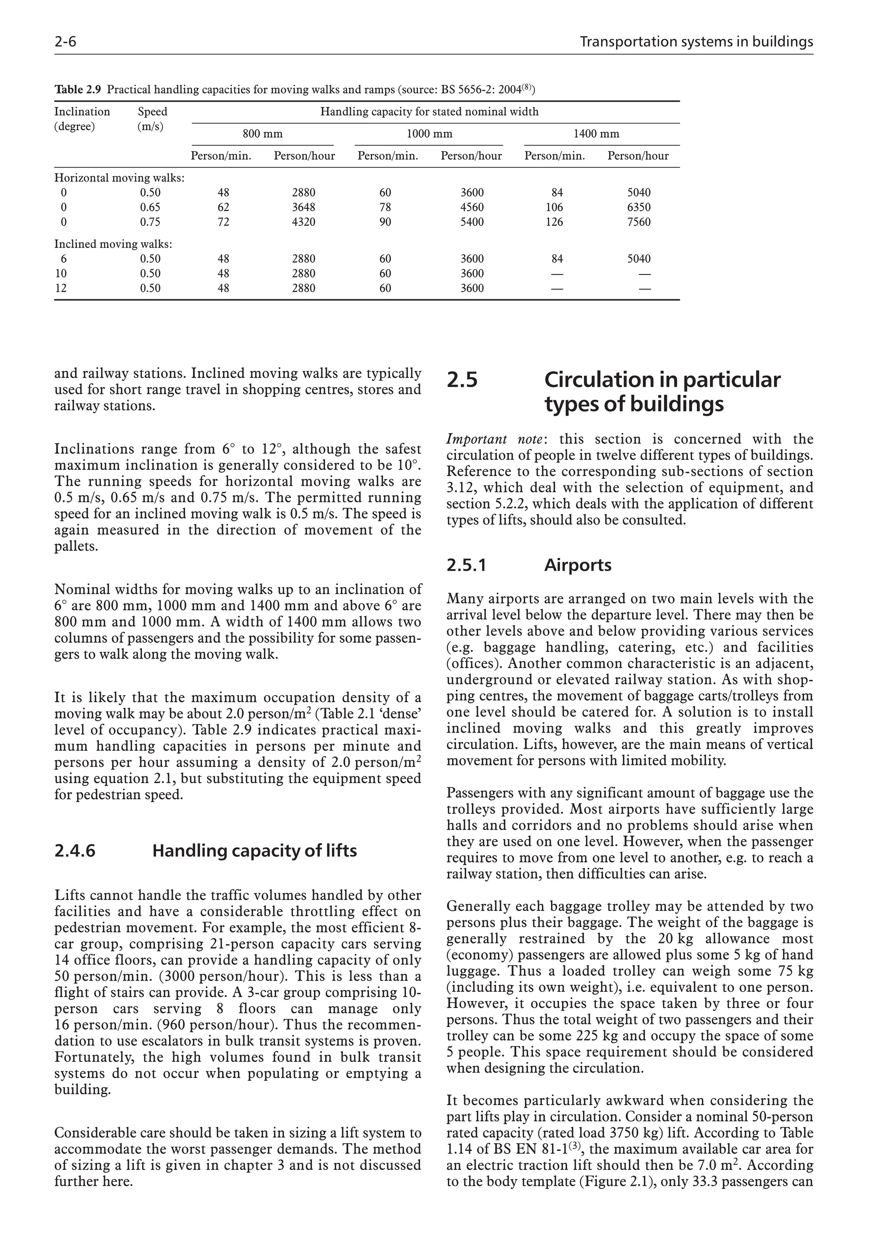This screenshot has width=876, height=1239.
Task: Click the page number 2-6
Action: tap(65, 42)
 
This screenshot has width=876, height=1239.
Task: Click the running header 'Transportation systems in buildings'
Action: tap(696, 42)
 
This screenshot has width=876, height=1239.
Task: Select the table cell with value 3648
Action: tap(303, 207)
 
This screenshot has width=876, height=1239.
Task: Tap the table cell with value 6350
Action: tap(639, 207)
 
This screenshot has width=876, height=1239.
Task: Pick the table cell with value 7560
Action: tap(639, 222)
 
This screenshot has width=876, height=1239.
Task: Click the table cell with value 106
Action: tap(554, 207)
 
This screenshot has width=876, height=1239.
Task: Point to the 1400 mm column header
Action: tap(596, 134)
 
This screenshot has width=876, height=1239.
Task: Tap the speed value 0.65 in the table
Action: tap(150, 207)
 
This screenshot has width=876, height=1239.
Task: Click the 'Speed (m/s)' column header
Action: tap(152, 119)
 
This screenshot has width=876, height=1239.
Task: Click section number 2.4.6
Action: tap(75, 851)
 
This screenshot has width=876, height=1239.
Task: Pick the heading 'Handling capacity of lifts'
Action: tap(254, 851)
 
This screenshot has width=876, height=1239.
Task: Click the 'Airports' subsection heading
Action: tap(577, 565)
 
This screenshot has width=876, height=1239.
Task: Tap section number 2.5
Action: tap(462, 380)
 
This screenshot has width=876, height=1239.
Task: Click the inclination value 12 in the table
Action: tap(61, 288)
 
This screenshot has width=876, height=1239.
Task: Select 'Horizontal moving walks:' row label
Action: tap(119, 178)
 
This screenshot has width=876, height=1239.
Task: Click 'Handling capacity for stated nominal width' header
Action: tap(429, 112)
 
